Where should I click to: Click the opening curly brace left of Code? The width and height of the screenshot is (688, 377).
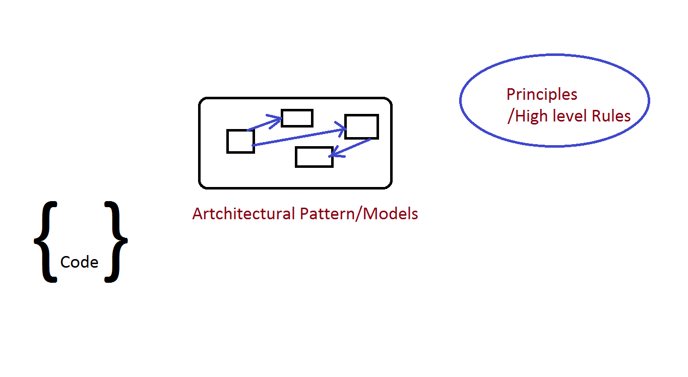[x=45, y=241]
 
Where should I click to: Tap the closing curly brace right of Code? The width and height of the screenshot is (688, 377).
[x=116, y=241]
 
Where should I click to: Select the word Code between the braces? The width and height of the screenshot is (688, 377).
[x=79, y=263]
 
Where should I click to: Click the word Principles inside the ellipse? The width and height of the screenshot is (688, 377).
[x=542, y=94]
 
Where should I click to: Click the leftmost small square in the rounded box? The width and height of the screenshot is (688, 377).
[x=240, y=141]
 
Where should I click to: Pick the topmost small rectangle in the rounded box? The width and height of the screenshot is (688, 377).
[x=297, y=118]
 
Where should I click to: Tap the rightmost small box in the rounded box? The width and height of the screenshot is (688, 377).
[x=361, y=127]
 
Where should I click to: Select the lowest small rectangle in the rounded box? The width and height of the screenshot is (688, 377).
[x=314, y=157]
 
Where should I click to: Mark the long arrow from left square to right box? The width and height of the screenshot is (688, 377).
[x=297, y=138]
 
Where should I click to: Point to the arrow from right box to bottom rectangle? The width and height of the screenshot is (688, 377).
[x=350, y=148]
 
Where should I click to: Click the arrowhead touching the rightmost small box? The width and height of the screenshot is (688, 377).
[x=341, y=130]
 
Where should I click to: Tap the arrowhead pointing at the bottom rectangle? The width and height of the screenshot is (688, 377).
[x=333, y=156]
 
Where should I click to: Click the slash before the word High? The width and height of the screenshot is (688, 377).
[x=511, y=116]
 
